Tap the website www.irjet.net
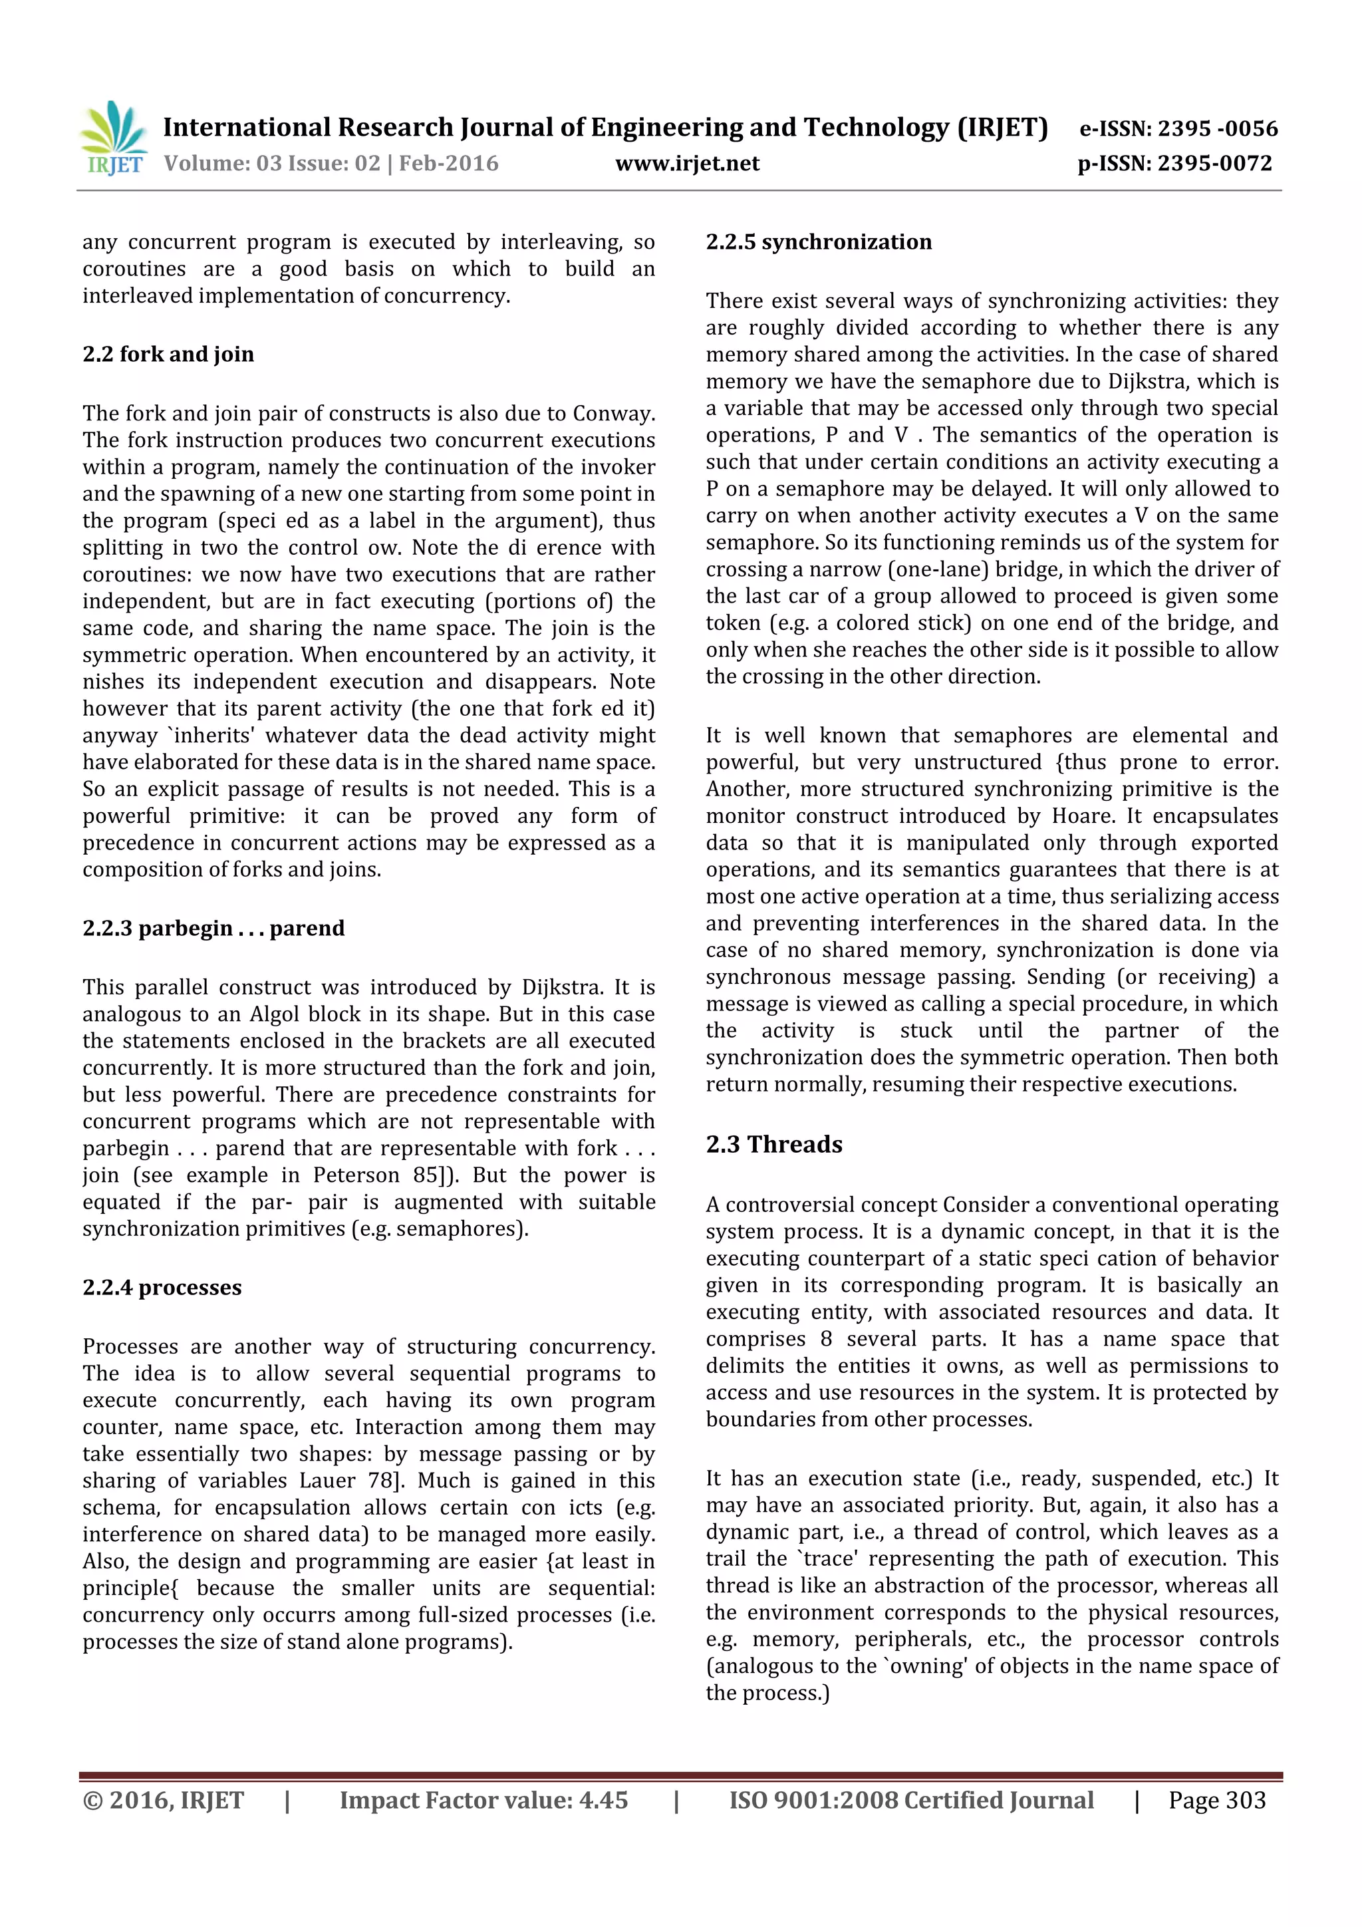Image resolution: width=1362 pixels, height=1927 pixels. [686, 164]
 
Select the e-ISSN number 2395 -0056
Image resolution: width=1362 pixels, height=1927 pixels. [1217, 128]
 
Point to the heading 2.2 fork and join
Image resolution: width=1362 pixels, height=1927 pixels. [168, 354]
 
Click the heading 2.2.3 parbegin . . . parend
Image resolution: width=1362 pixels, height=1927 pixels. [213, 929]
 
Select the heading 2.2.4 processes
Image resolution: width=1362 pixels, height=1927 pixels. [162, 1288]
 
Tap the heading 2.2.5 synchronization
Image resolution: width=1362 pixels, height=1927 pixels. [818, 243]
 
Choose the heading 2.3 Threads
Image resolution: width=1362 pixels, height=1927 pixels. [773, 1145]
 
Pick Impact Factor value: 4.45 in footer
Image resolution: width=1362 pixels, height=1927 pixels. [483, 1800]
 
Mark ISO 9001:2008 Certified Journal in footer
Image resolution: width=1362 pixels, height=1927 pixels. [910, 1800]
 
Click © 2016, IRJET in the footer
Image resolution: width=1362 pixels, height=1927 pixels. [163, 1800]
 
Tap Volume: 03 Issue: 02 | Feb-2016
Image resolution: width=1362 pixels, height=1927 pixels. [331, 164]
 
